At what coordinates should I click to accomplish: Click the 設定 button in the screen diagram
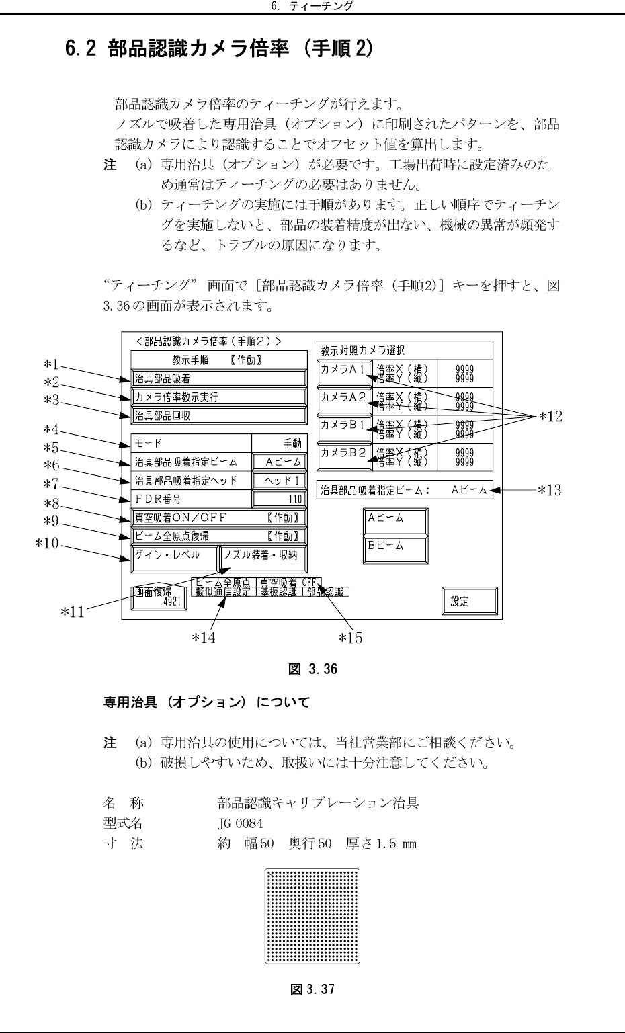[x=469, y=602]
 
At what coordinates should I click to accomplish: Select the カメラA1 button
[x=343, y=374]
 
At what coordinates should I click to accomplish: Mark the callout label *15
[x=350, y=638]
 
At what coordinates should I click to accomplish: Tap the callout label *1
[x=51, y=365]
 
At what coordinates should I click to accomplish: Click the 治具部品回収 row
[x=218, y=415]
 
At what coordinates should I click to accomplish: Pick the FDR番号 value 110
[x=279, y=499]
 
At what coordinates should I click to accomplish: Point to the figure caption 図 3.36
[x=312, y=669]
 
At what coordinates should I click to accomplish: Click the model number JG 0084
[x=240, y=823]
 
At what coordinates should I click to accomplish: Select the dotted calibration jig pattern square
[x=312, y=916]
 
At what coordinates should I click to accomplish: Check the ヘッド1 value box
[x=279, y=481]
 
